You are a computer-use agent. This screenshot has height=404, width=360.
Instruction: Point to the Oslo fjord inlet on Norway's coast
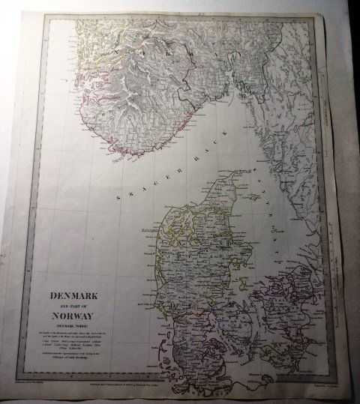click(x=238, y=79)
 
